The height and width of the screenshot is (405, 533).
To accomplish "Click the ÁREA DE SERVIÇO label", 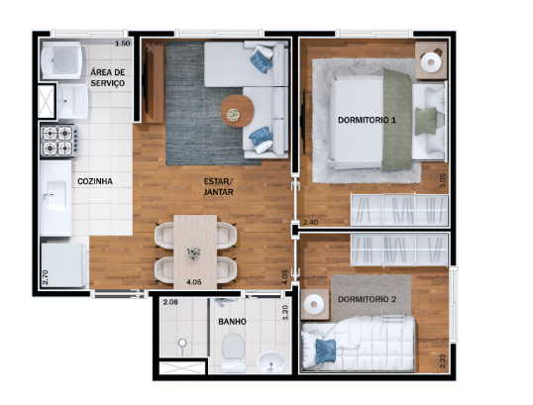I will tap(107, 78).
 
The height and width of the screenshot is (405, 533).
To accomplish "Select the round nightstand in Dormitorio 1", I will tap(429, 62).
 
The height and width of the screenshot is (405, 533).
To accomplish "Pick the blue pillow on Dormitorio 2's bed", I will tap(325, 347).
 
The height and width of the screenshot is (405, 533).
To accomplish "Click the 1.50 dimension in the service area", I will tap(122, 46).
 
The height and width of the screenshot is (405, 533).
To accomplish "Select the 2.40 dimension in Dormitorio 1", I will tap(310, 223).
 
